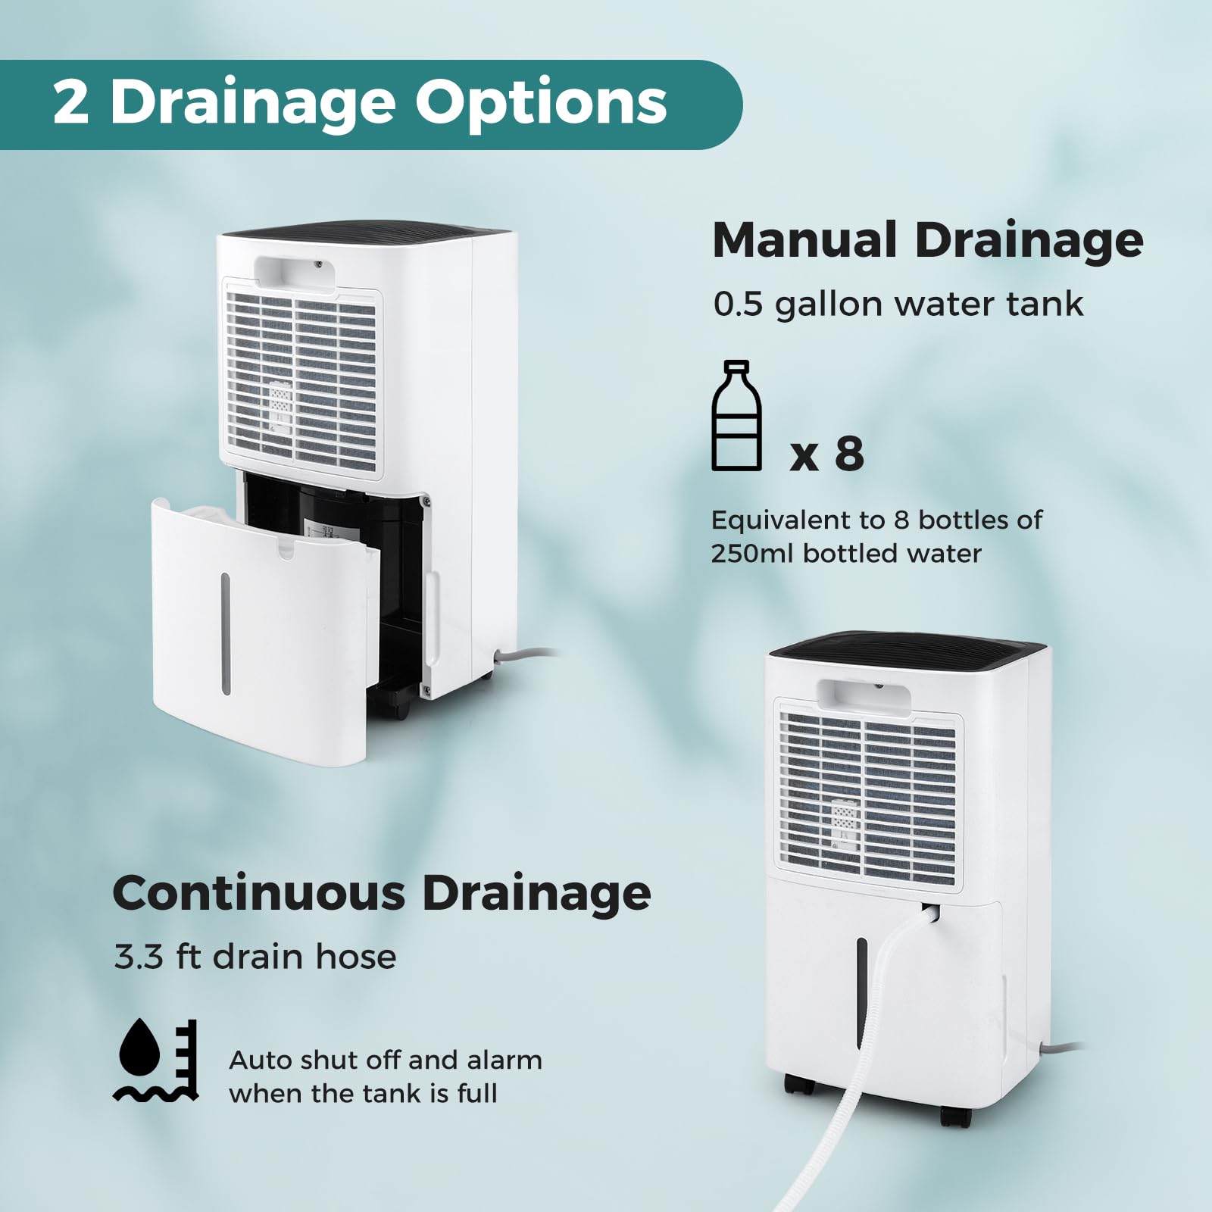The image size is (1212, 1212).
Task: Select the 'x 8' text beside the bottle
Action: click(x=826, y=454)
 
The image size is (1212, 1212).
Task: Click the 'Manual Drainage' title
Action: click(x=927, y=240)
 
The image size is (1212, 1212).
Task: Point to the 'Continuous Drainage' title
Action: click(x=381, y=893)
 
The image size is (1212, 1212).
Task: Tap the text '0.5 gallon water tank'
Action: click(x=898, y=304)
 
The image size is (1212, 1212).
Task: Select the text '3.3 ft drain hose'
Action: click(x=255, y=957)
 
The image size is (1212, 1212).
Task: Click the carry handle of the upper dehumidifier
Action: click(x=295, y=273)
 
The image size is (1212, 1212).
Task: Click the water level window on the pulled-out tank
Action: click(x=226, y=633)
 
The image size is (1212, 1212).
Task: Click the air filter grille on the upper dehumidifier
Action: click(x=301, y=379)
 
